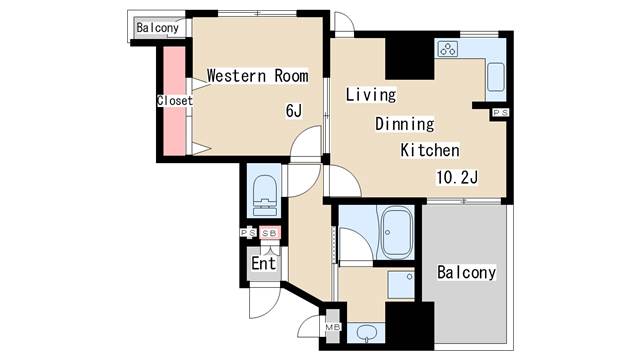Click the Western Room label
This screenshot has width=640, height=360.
(258, 76)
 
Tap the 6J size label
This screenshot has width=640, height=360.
(294, 111)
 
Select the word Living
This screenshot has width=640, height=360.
(371, 95)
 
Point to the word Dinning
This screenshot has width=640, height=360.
(404, 124)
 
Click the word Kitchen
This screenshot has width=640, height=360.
(430, 150)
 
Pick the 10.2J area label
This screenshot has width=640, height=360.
(457, 178)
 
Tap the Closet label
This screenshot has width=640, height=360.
(175, 100)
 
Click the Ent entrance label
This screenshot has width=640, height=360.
(264, 264)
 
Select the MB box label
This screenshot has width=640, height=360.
(333, 327)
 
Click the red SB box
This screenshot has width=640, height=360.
(270, 233)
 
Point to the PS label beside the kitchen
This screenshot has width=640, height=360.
(500, 113)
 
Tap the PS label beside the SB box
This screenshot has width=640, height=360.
(248, 233)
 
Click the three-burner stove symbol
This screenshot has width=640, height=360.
(448, 50)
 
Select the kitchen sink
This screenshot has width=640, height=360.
(496, 78)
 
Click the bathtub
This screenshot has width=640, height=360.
(395, 233)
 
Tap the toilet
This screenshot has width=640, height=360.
(264, 196)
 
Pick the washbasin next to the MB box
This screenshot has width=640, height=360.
(366, 333)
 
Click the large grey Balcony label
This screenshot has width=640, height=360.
(467, 273)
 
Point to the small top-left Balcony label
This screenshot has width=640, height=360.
(158, 28)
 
